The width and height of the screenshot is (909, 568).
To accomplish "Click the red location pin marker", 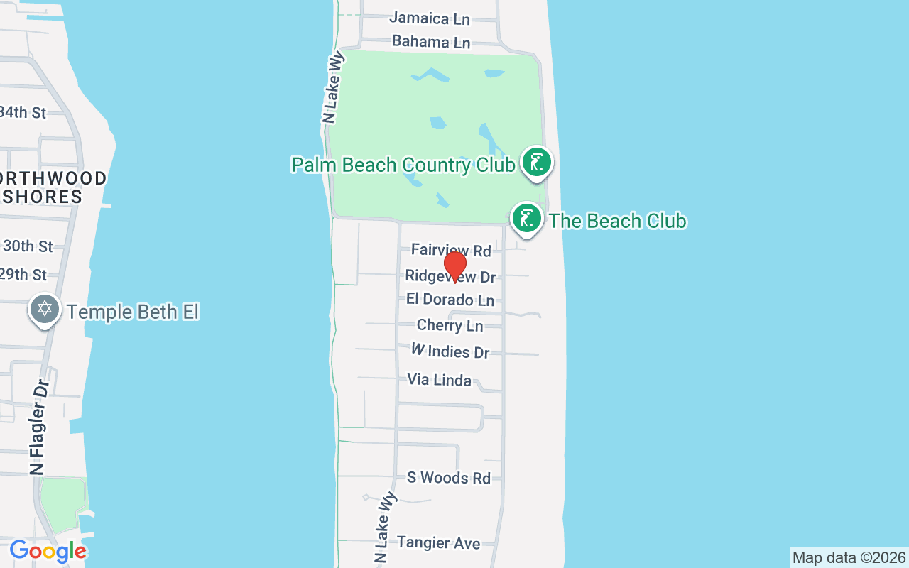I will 454,266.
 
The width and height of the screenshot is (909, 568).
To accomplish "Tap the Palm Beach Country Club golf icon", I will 537,163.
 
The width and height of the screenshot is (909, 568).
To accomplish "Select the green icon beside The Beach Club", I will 527,218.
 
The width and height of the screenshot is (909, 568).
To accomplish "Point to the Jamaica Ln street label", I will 430,18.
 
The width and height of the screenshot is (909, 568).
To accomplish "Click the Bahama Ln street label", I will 431,42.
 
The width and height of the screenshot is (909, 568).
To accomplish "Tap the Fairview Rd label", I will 451,250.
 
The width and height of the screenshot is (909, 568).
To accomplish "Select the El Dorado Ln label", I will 450,300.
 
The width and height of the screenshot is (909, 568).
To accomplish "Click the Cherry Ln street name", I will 450,326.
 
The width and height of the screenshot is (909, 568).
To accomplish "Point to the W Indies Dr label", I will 450,351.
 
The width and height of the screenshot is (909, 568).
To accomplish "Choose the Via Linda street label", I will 439,380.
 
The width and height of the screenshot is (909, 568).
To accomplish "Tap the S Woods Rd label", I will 448,478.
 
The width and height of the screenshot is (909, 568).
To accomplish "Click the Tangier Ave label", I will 438,543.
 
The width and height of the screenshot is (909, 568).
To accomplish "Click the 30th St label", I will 28,246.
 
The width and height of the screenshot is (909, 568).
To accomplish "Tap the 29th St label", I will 24,275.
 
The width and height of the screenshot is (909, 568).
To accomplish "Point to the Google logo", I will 48,551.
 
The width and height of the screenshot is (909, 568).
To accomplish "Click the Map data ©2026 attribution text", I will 849,557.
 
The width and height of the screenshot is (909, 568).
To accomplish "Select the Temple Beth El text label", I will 132,312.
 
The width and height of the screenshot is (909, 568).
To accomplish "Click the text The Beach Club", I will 617,221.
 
